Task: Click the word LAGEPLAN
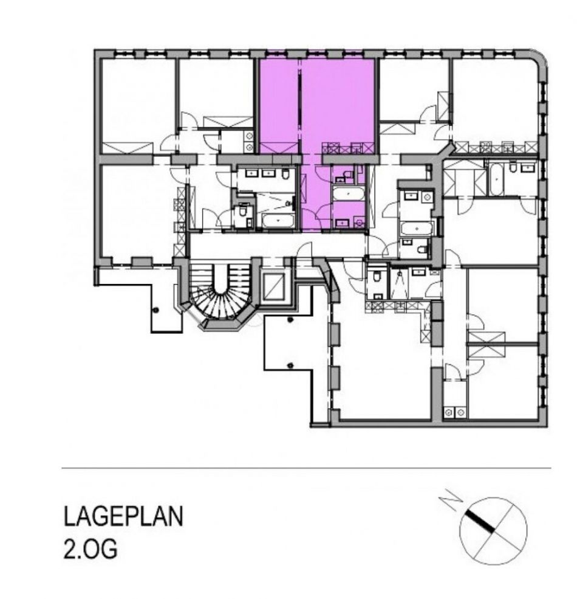tap(123, 516)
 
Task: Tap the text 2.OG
tap(90, 549)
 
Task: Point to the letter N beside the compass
tap(451, 501)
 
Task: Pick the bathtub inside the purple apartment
tap(349, 193)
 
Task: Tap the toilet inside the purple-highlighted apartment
tap(347, 175)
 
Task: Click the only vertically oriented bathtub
tap(496, 178)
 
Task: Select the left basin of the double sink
tap(252, 173)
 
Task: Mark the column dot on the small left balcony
tap(155, 310)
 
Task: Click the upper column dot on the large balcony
tap(290, 319)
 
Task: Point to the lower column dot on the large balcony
tap(291, 365)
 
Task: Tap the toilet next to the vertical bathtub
tap(514, 168)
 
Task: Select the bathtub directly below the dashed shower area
tap(278, 220)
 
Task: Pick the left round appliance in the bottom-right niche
tap(449, 412)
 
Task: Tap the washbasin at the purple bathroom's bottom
tap(342, 222)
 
